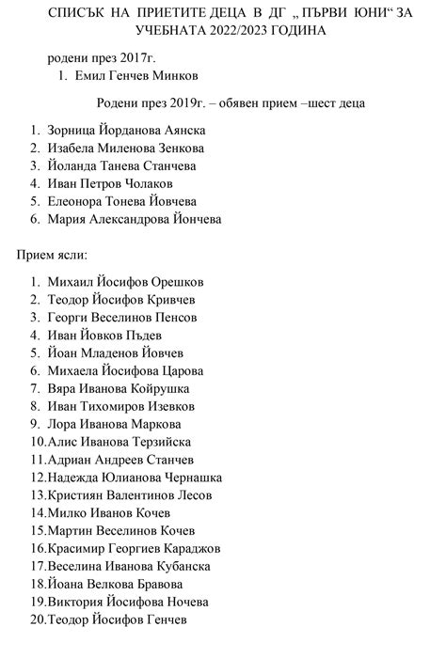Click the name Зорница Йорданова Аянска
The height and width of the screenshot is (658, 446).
(124, 132)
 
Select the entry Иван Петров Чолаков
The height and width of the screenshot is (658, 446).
(110, 184)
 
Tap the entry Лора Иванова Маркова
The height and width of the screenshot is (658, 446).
(110, 424)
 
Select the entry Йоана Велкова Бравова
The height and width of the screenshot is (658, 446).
(114, 584)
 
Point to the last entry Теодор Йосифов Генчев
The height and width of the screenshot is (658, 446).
(117, 619)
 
